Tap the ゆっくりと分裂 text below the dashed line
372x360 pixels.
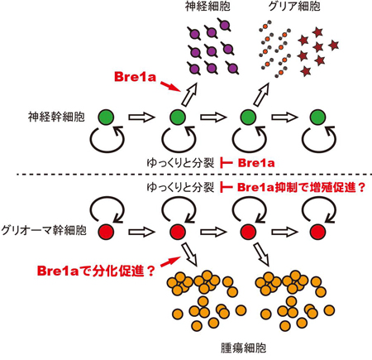(x=189, y=188)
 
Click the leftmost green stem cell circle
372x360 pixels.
(x=107, y=121)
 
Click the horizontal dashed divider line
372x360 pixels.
(x=186, y=175)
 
